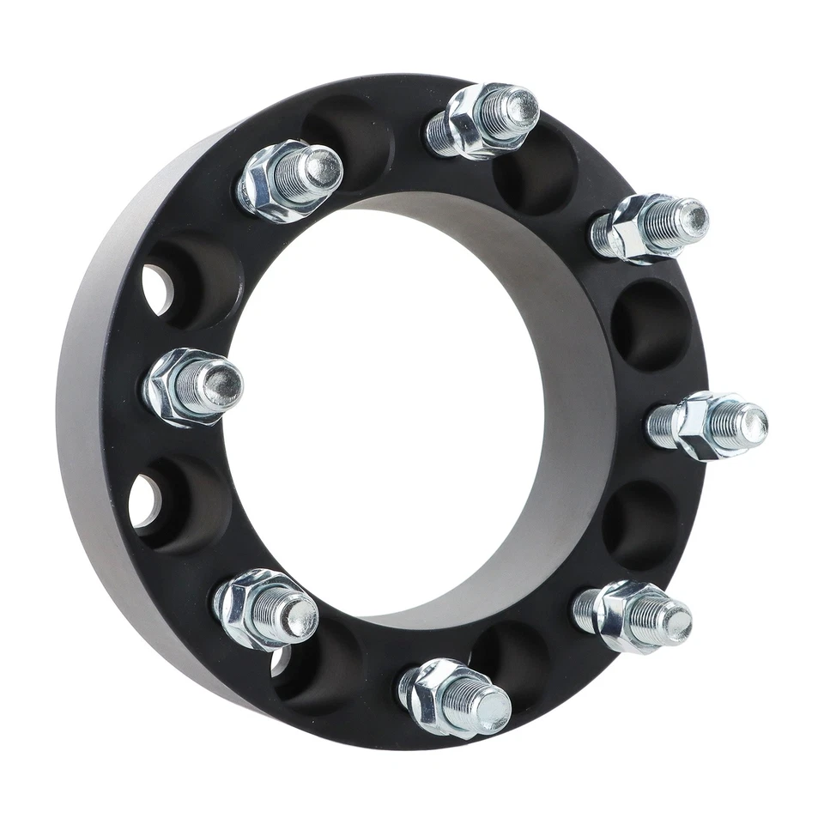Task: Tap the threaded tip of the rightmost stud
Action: [748, 422]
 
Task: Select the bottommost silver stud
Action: [455, 697]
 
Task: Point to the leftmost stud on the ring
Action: [193, 386]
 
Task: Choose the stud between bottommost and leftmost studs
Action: [264, 608]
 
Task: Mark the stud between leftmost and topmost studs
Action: [289, 180]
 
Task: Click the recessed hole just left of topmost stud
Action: [348, 129]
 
